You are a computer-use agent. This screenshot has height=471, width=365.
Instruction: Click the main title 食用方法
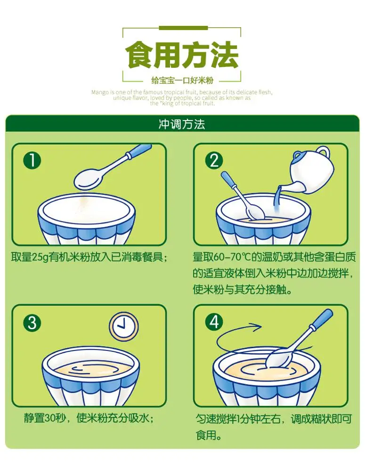click(182, 56)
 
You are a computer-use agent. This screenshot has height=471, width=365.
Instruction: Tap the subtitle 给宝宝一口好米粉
click(182, 80)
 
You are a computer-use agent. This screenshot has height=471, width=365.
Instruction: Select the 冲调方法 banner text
click(182, 124)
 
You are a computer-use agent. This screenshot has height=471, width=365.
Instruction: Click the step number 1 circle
click(32, 161)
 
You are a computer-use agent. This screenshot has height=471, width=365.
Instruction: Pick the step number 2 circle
click(214, 161)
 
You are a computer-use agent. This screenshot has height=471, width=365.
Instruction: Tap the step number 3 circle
click(32, 323)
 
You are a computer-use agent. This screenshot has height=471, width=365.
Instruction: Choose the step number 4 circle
click(214, 323)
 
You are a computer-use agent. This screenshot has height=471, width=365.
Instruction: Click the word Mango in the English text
click(100, 92)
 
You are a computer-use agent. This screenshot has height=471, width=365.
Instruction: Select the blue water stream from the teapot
click(277, 198)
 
